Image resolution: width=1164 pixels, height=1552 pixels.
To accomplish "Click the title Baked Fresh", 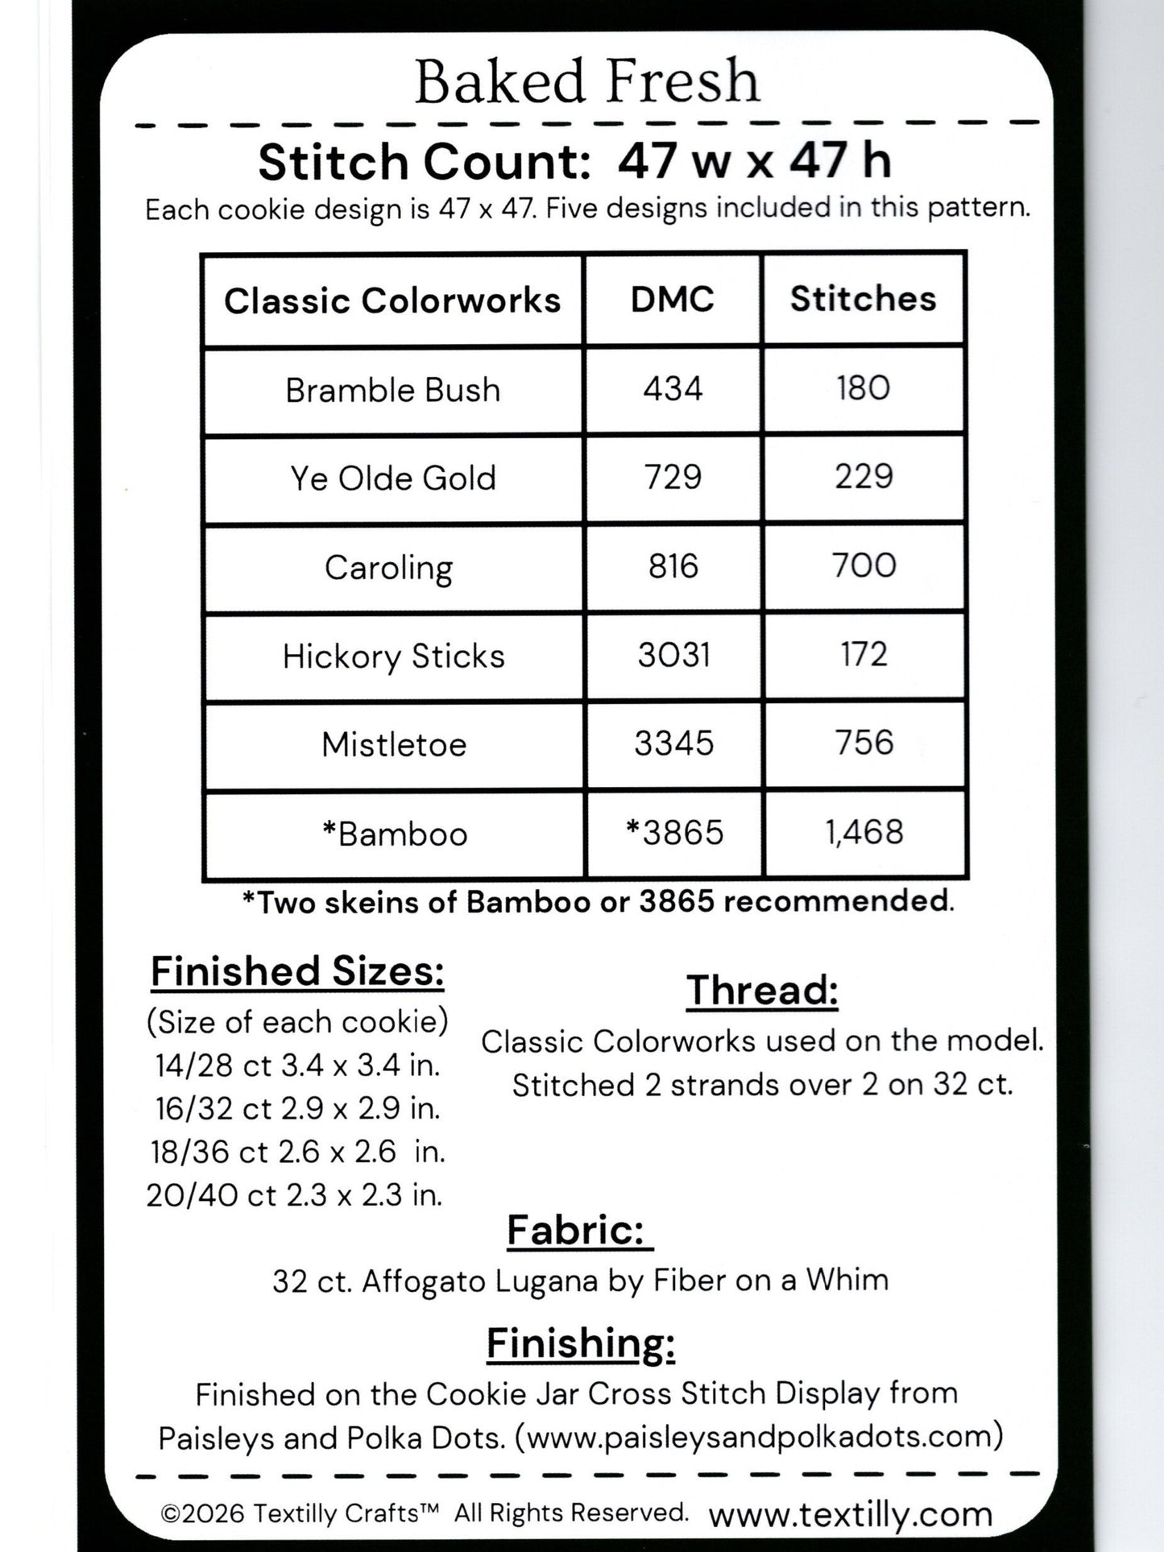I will [x=586, y=82].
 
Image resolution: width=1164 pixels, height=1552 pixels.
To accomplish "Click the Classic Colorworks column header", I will [x=392, y=300].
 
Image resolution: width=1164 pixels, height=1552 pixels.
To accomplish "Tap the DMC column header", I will [x=673, y=300].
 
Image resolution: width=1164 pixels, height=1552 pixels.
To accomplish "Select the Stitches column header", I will [x=863, y=299].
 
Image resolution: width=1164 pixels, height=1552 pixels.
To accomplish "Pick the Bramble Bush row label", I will [x=392, y=390].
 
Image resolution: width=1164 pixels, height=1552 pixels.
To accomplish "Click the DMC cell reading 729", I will [x=673, y=478].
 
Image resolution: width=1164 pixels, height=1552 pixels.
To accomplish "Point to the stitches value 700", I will [x=864, y=565].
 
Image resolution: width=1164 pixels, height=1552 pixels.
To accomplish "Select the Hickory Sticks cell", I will [x=393, y=656].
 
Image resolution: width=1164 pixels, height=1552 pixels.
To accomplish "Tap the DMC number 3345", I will [x=673, y=743].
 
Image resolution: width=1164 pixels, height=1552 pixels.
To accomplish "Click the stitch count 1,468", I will [x=864, y=832].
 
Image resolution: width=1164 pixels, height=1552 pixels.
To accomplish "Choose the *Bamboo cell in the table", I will [x=394, y=834].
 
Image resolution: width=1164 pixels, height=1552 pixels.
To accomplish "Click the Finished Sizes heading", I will [x=297, y=971].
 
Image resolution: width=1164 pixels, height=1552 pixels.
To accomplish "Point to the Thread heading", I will [x=762, y=990].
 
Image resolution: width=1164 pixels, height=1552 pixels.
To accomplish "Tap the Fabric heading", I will [x=578, y=1230].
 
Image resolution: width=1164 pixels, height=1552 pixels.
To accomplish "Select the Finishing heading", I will [x=580, y=1343].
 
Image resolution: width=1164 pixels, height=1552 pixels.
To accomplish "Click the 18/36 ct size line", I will [x=297, y=1152].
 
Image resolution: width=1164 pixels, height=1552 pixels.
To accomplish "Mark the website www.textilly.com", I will [x=850, y=1514].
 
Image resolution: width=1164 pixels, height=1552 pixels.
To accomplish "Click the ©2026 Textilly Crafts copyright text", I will [x=300, y=1513].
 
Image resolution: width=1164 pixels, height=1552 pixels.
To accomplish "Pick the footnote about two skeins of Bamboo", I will [x=598, y=901].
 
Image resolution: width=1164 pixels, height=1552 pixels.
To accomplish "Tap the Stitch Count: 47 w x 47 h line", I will [x=574, y=161].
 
